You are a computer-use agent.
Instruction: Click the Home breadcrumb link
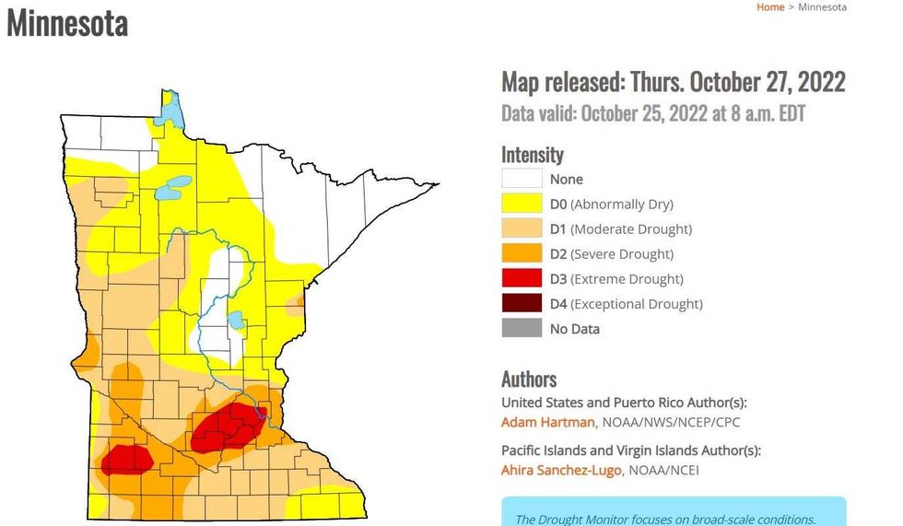tap(769, 7)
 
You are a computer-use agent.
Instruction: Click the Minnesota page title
tap(67, 23)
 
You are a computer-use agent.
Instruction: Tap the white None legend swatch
tap(521, 180)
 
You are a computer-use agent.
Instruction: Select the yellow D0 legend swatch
tap(521, 205)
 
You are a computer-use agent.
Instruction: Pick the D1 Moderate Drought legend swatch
tap(521, 229)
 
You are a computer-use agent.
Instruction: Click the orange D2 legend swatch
tap(521, 254)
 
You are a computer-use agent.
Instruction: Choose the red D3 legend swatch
tap(521, 279)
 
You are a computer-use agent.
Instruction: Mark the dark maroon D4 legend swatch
tap(521, 304)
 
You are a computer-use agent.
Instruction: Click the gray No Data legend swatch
tap(521, 329)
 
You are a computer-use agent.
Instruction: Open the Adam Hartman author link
tap(548, 422)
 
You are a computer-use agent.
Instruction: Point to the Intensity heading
tap(532, 154)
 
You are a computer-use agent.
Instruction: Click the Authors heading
tap(529, 379)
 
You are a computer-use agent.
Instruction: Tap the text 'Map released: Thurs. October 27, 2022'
tap(673, 82)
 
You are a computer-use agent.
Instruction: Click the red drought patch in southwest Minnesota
tap(126, 458)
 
